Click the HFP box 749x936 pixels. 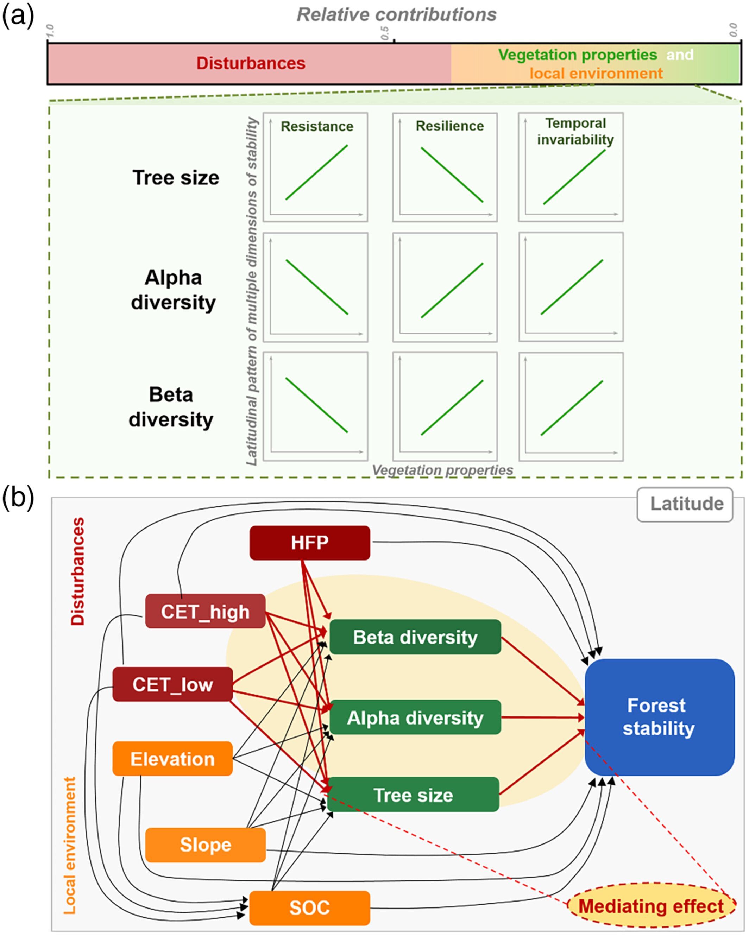(x=310, y=543)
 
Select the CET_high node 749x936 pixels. (x=205, y=611)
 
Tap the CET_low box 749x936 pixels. (x=172, y=685)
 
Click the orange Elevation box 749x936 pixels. (x=172, y=759)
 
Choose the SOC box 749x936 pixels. (x=310, y=908)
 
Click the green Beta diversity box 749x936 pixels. (x=415, y=637)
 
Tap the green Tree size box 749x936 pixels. (x=413, y=795)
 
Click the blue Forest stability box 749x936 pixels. (x=659, y=717)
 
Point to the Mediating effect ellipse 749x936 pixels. (x=651, y=906)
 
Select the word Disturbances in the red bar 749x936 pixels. (x=251, y=63)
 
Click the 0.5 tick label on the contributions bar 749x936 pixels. (x=385, y=33)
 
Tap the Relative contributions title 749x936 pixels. (x=396, y=15)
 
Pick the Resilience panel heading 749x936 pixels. (x=449, y=126)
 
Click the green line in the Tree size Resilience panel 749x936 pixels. (x=452, y=175)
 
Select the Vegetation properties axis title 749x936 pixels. (x=442, y=470)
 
